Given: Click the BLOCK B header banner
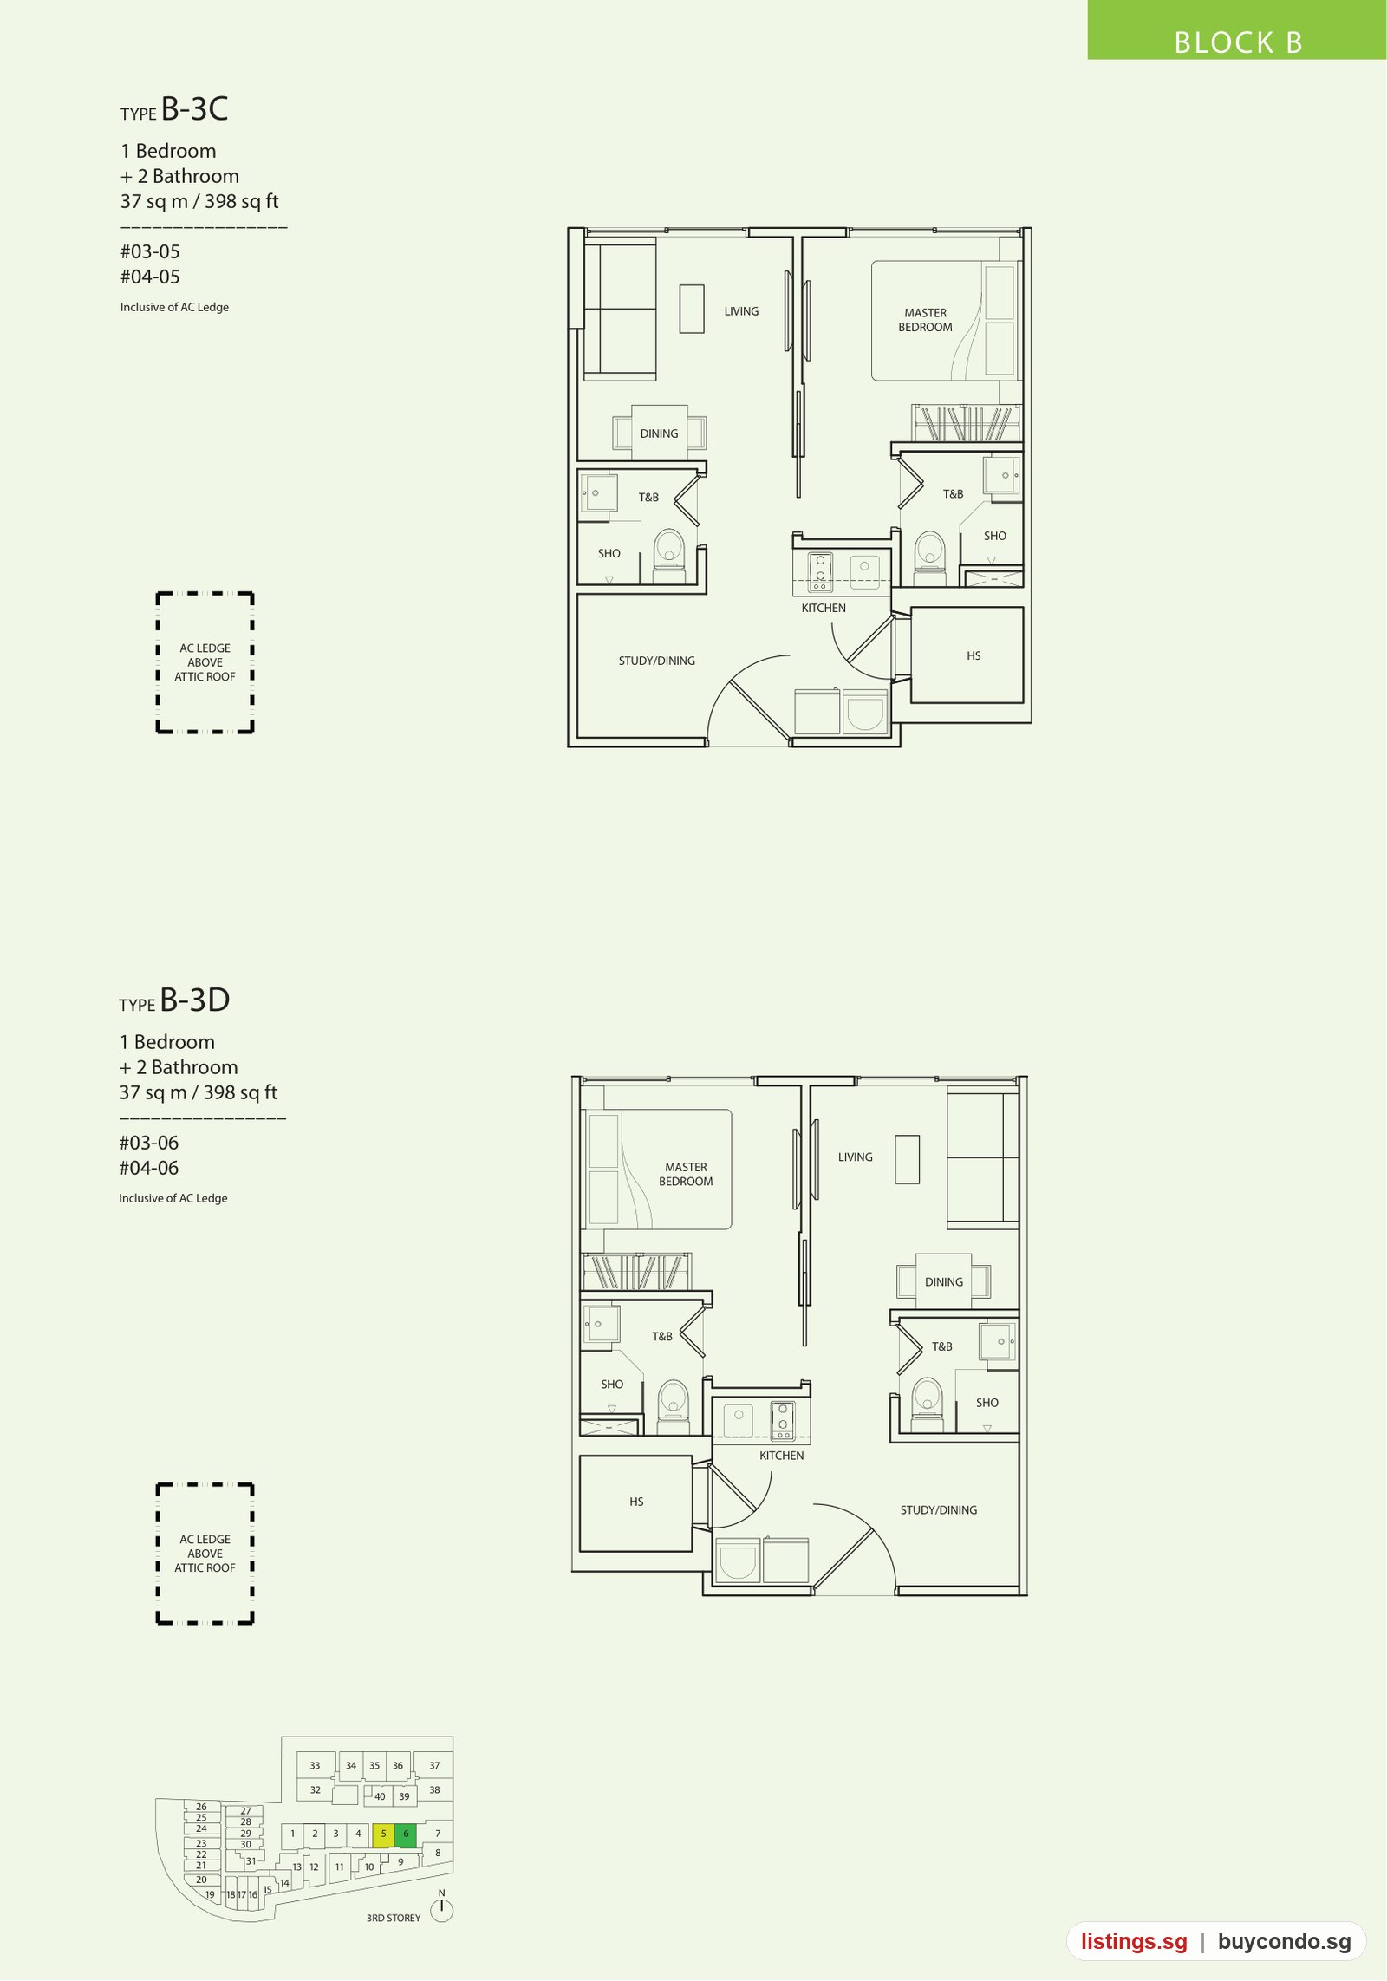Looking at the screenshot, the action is (x=1237, y=30).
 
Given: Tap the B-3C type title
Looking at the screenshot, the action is (x=174, y=109).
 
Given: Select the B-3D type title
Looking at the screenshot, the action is (x=174, y=1000).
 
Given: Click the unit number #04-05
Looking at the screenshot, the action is (x=150, y=277).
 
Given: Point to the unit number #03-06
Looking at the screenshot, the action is (x=149, y=1143).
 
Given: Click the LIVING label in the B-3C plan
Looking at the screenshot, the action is (x=741, y=311).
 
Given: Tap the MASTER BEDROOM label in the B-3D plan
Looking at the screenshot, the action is (x=686, y=1174).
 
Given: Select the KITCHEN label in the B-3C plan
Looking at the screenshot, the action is (x=824, y=608).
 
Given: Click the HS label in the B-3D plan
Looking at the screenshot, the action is (x=636, y=1502).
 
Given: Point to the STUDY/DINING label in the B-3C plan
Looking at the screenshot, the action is (x=657, y=661).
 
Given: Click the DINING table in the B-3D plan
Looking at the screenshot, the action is (x=943, y=1281).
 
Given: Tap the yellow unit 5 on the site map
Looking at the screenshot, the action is (x=383, y=1834).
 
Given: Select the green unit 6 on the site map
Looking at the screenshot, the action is (x=406, y=1834).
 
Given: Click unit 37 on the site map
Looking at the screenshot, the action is (x=434, y=1765).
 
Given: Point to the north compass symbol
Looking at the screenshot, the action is (x=441, y=1909).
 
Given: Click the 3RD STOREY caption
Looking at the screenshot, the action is (x=394, y=1918).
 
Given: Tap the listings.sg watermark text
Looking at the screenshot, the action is (x=1134, y=1941).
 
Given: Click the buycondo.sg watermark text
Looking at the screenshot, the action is (x=1284, y=1941).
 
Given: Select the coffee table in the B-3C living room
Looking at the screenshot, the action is (x=692, y=309).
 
